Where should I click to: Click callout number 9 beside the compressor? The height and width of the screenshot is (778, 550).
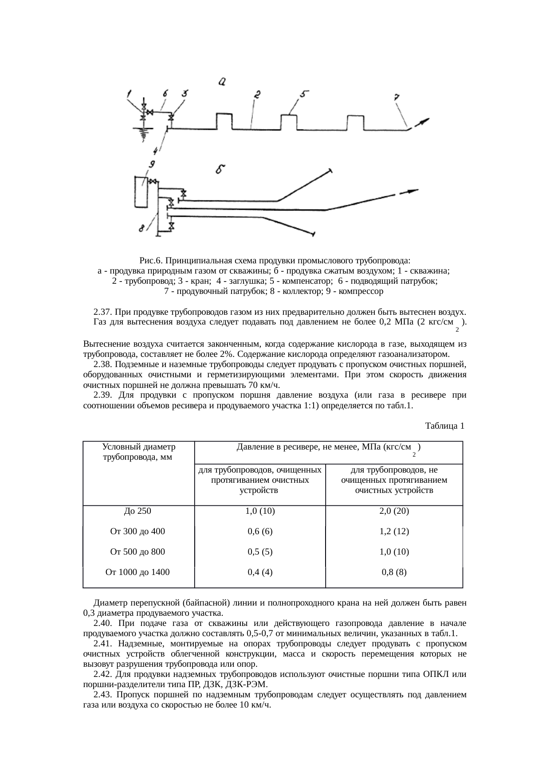pyautogui.click(x=151, y=164)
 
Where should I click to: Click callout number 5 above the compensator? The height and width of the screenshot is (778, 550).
pyautogui.click(x=304, y=94)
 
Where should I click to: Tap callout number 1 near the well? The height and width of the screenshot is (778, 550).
pyautogui.click(x=130, y=94)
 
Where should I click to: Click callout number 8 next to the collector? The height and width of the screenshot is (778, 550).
pyautogui.click(x=141, y=229)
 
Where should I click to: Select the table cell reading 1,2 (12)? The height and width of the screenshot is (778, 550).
pyautogui.click(x=394, y=531)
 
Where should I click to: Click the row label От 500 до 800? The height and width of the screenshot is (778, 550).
pyautogui.click(x=137, y=551)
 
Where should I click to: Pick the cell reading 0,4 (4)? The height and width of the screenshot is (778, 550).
pyautogui.click(x=260, y=572)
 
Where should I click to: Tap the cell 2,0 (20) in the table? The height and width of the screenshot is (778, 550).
pyautogui.click(x=394, y=511)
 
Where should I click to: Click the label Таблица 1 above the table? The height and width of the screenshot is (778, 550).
pyautogui.click(x=444, y=426)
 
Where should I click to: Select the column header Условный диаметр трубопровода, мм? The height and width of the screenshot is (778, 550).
pyautogui.click(x=138, y=452)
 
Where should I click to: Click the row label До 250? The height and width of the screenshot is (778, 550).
pyautogui.click(x=137, y=511)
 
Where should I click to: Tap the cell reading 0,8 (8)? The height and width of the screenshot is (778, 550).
pyautogui.click(x=394, y=572)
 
